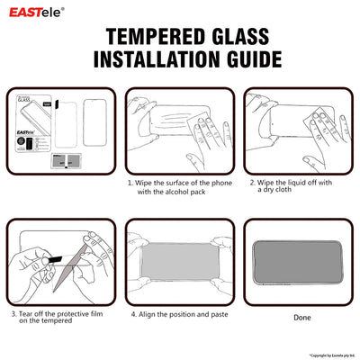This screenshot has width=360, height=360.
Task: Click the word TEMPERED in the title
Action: (x=148, y=37)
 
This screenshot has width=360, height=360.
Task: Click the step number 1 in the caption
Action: (x=129, y=183)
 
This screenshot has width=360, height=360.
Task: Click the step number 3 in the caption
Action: (x=13, y=314)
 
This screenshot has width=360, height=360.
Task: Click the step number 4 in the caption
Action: (x=132, y=315)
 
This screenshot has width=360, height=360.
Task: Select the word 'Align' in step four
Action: (x=149, y=315)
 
